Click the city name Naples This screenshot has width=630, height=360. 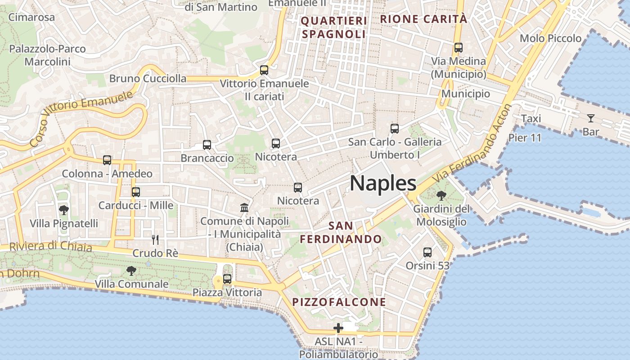(383, 183)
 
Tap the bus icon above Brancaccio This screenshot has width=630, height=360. (207, 145)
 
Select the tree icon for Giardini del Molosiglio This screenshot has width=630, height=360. (441, 196)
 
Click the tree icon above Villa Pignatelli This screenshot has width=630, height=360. (63, 210)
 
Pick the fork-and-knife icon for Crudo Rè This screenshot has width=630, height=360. (155, 239)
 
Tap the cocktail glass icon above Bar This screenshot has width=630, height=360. (591, 118)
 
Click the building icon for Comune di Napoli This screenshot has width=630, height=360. (244, 207)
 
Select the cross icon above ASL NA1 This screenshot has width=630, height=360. (338, 328)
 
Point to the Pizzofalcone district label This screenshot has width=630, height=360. (339, 302)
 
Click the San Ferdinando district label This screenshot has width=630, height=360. (341, 232)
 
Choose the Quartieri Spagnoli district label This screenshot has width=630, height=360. (334, 27)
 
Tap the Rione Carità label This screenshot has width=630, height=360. (424, 19)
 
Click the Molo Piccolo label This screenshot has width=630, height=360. (551, 38)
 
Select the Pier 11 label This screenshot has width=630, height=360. (525, 137)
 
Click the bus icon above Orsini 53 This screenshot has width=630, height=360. (427, 252)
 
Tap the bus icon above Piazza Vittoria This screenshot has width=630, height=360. (227, 279)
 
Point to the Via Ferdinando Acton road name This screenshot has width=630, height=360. (472, 143)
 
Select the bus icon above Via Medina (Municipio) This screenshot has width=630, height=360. (459, 47)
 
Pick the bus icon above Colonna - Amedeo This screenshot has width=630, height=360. (107, 160)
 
